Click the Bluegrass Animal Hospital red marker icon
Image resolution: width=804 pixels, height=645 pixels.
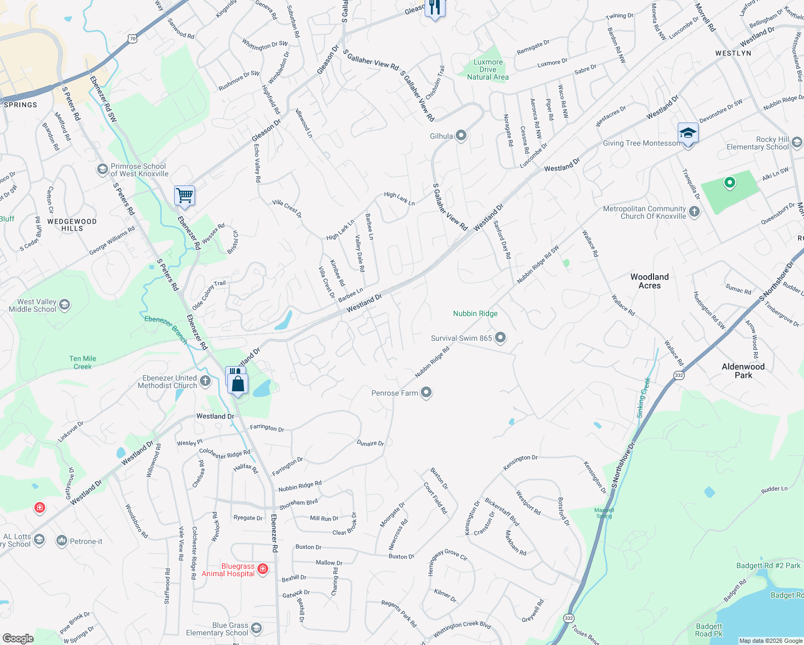coord(263,569)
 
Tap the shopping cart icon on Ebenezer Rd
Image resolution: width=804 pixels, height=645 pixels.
coord(184,196)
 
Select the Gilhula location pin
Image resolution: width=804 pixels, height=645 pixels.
coord(461,135)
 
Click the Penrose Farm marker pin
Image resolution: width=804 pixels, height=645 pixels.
coord(426,393)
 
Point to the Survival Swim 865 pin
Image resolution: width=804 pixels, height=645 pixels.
coord(500,338)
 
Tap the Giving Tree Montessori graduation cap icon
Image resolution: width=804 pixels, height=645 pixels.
coord(688,133)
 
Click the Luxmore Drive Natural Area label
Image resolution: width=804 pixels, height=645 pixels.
coord(487,70)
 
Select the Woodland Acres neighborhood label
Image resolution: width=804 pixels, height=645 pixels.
coord(649,281)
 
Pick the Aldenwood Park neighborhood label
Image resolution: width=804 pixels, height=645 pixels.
coord(743,371)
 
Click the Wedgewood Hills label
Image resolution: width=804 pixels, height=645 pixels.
coord(72,225)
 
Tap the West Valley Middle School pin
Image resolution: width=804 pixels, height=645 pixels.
coord(64,305)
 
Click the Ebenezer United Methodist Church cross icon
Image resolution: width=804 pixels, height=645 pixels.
coord(205,382)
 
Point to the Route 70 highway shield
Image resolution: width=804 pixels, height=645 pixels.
coord(133,38)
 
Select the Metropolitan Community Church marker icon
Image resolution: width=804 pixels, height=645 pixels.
coord(694,212)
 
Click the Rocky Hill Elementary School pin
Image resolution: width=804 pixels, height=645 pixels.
coord(797,142)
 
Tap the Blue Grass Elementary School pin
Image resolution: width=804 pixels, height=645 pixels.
coord(256,628)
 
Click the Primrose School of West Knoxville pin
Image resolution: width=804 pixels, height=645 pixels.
coord(102,170)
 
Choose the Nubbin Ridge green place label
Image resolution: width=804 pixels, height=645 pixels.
coord(475,313)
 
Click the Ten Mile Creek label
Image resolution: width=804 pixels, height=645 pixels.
coord(83,362)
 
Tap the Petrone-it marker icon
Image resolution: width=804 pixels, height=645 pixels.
coord(62,541)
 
